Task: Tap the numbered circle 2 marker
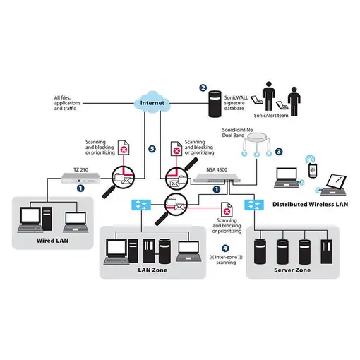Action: [203, 88]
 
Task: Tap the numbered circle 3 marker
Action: [279, 151]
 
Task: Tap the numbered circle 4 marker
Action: [225, 248]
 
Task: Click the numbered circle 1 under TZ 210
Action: [81, 188]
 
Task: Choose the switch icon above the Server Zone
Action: [252, 205]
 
